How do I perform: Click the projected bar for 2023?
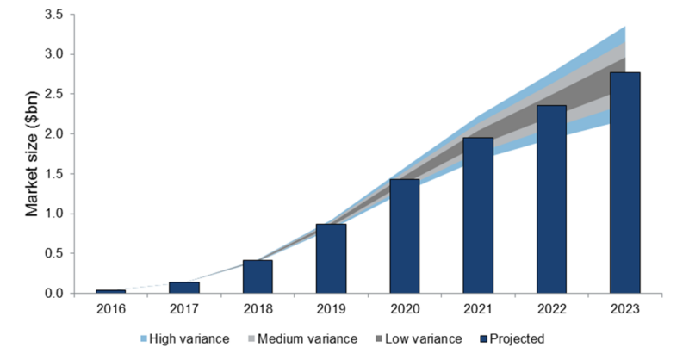click(x=624, y=183)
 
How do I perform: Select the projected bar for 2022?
click(x=551, y=200)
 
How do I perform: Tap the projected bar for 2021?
click(x=478, y=215)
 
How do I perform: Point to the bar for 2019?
click(x=331, y=258)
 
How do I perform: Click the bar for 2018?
click(x=258, y=276)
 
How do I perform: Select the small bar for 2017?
click(x=184, y=288)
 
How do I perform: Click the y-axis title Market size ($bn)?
click(x=32, y=154)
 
